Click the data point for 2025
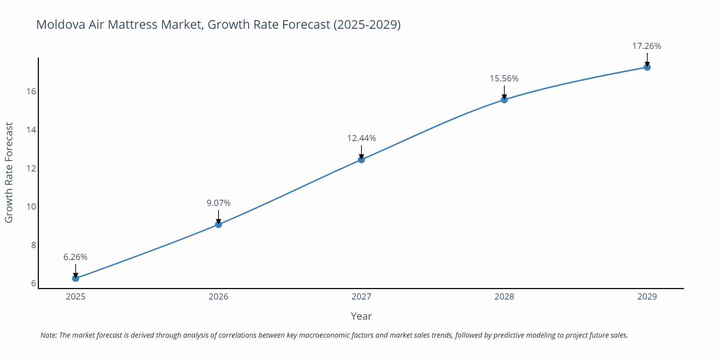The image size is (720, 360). [x=76, y=278]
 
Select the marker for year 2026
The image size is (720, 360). [x=219, y=224]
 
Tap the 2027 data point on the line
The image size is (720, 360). [x=361, y=159]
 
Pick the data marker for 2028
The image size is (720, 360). [x=504, y=100]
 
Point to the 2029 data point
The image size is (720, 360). [x=647, y=67]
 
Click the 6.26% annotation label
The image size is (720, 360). [x=75, y=257]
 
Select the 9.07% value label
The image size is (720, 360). [x=219, y=203]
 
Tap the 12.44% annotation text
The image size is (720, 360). [x=361, y=138]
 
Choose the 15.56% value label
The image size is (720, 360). [x=504, y=78]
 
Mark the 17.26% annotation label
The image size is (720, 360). [x=647, y=46]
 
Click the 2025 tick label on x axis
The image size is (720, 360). [x=76, y=297]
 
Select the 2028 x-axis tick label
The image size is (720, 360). [x=504, y=297]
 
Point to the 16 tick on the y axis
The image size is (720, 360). [x=31, y=91]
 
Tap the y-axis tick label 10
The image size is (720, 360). [x=31, y=207]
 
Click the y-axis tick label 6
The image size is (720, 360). [x=33, y=283]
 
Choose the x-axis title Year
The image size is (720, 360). [x=361, y=316]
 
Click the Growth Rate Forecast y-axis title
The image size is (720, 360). [x=9, y=172]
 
